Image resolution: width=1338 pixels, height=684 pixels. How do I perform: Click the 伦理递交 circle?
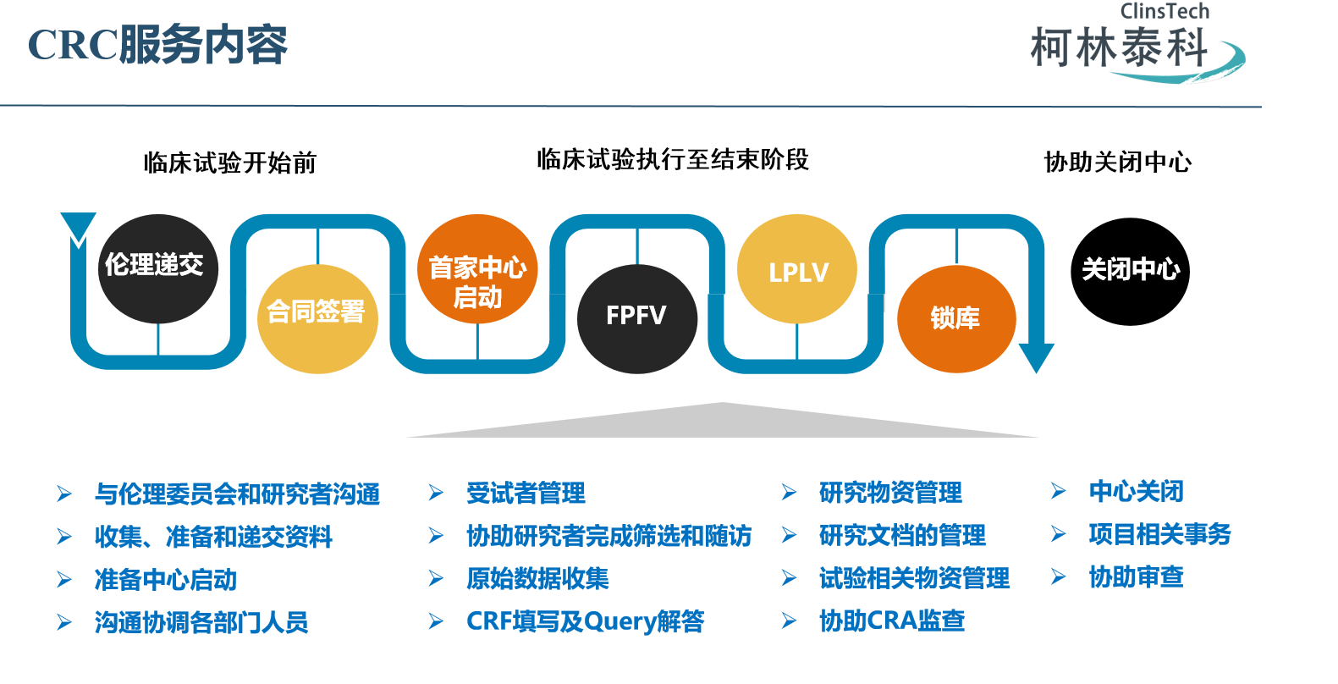pyautogui.click(x=157, y=268)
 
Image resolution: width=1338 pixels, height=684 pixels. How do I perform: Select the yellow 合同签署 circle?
pyautogui.click(x=317, y=318)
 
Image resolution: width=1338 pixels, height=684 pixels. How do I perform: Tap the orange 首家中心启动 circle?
pyautogui.click(x=477, y=269)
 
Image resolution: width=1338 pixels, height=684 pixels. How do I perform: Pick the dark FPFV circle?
pyautogui.click(x=636, y=318)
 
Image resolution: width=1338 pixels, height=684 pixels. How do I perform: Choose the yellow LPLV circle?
pyautogui.click(x=797, y=270)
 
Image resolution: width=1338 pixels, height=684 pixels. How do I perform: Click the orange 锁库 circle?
pyautogui.click(x=956, y=319)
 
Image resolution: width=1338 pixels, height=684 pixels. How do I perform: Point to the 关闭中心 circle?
pyautogui.click(x=1130, y=271)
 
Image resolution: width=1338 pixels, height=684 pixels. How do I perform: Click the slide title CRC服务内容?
pyautogui.click(x=158, y=45)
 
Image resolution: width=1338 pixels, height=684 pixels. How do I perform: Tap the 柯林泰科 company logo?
pyautogui.click(x=1134, y=47)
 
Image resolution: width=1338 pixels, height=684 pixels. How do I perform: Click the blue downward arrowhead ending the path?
pyautogui.click(x=1035, y=356)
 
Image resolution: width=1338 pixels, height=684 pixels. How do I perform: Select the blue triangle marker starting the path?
pyautogui.click(x=79, y=227)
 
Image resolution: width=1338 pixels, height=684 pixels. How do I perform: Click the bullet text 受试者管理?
pyautogui.click(x=526, y=494)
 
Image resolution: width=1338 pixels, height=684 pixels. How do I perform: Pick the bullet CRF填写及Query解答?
pyautogui.click(x=585, y=621)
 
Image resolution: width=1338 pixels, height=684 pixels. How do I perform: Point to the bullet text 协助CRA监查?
pyautogui.click(x=892, y=621)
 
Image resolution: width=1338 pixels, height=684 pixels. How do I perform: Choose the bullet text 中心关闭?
pyautogui.click(x=1136, y=492)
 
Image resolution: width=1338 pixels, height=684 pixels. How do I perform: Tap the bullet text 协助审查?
pyautogui.click(x=1136, y=577)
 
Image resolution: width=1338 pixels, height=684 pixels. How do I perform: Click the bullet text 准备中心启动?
pyautogui.click(x=166, y=580)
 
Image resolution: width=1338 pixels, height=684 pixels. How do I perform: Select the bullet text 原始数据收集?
pyautogui.click(x=537, y=579)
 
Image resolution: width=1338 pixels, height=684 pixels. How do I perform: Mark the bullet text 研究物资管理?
pyautogui.click(x=890, y=493)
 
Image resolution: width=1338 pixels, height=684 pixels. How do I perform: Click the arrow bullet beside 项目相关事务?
pyautogui.click(x=1058, y=534)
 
